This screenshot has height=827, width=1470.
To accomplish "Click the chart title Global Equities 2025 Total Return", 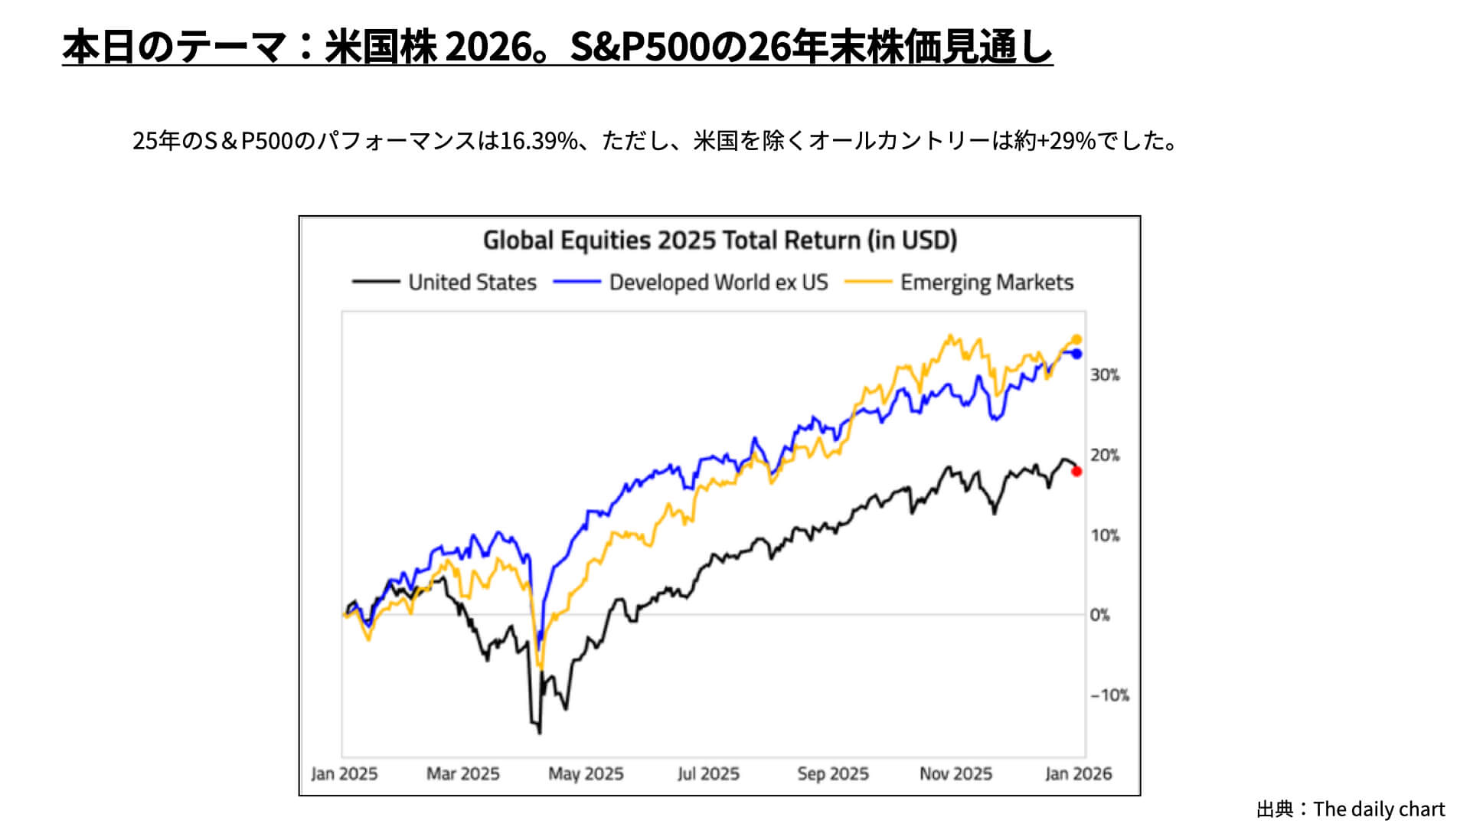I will click(x=720, y=240).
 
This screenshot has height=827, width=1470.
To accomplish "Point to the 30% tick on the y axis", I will click(x=1105, y=374).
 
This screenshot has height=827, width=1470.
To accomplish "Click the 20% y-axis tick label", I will click(x=1105, y=455).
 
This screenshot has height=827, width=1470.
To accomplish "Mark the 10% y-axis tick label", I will click(x=1105, y=535).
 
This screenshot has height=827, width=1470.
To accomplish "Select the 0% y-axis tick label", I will click(x=1100, y=615).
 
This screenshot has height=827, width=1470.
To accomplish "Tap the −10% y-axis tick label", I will click(x=1109, y=695).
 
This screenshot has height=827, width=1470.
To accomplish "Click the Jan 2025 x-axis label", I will click(x=345, y=773).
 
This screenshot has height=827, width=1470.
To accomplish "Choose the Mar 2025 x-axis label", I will click(x=462, y=773).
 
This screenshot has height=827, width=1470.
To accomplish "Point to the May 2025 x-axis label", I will click(x=586, y=773).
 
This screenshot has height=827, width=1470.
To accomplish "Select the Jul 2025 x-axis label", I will click(x=708, y=773).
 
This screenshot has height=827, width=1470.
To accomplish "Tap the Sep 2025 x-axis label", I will click(x=833, y=773).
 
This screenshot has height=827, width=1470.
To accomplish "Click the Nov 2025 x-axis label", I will click(x=955, y=773).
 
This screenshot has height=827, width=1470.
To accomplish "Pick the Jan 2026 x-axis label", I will click(x=1078, y=773).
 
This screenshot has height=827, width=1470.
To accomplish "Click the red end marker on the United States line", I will click(x=1076, y=472).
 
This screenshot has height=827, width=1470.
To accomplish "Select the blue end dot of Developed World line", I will click(x=1076, y=354).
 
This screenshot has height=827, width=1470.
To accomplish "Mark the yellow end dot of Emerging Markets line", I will click(x=1076, y=339).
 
